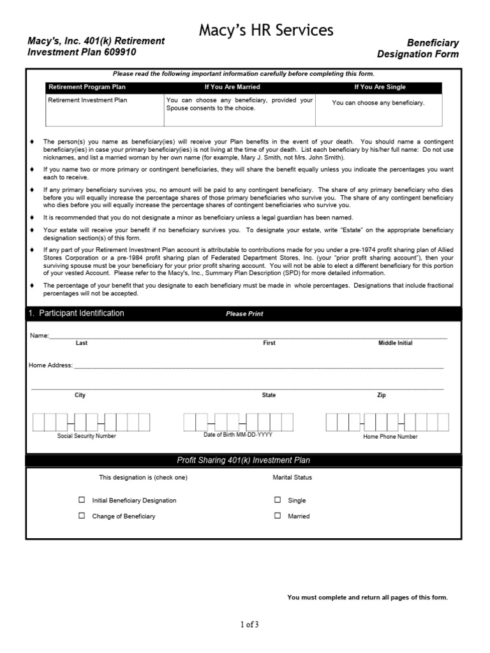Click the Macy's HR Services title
266,30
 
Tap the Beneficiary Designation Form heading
418,48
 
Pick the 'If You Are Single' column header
380,87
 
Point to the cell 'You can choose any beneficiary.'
378,103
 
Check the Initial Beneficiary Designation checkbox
82,500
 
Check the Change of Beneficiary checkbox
82,515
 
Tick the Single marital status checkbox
278,500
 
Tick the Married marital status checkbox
278,515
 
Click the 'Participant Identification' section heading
81,313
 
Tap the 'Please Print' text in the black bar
244,314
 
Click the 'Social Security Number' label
87,436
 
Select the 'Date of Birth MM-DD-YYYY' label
238,435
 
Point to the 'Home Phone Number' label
390,437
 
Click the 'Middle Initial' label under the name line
395,343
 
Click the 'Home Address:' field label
50,365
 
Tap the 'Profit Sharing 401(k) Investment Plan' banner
243,460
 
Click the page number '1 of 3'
249,625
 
